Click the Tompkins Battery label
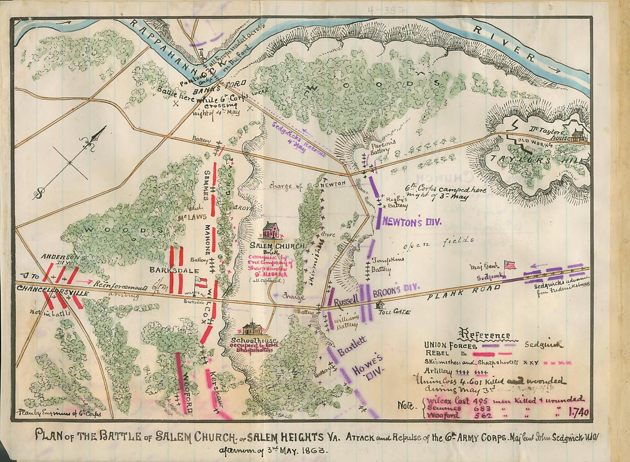point(381,265)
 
